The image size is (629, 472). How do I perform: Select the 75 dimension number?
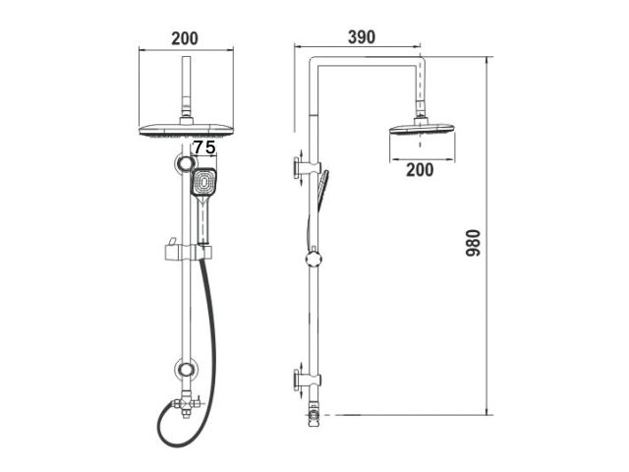(x=203, y=147)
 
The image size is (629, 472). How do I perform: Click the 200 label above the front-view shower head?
(x=184, y=38)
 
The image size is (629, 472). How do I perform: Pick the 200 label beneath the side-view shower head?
(x=420, y=169)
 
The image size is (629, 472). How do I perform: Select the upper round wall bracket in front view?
(x=183, y=163)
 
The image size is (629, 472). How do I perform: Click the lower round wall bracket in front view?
(x=184, y=371)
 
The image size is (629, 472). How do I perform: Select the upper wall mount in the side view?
(x=303, y=169)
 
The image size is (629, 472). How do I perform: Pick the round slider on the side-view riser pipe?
(x=313, y=258)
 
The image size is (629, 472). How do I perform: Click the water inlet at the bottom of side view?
(x=314, y=415)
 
